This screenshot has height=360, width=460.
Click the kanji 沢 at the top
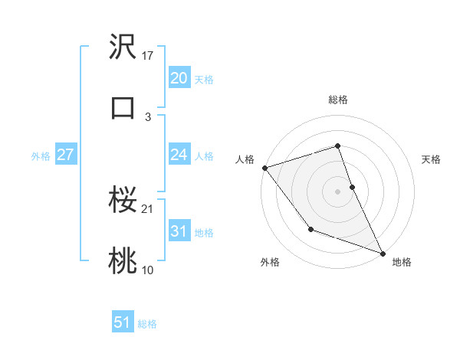[123, 47]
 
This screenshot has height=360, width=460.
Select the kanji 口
[123, 106]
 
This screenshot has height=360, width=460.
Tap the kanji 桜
[123, 201]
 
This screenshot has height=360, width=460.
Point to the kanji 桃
[123, 261]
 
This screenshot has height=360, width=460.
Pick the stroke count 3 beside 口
[148, 116]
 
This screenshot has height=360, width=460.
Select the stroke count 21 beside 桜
[148, 209]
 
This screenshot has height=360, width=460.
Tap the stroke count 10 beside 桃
[148, 270]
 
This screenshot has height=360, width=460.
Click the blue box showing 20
[179, 78]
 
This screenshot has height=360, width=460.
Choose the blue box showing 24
[179, 155]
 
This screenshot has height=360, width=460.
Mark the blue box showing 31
[179, 231]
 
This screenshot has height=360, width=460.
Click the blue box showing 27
[65, 155]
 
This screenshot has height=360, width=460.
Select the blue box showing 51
[123, 322]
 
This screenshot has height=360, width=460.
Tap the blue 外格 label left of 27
[41, 156]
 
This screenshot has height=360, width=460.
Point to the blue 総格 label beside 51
[147, 324]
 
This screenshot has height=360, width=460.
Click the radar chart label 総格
[338, 100]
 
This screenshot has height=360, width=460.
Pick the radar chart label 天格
[432, 159]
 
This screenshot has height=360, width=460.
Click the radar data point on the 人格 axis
[264, 168]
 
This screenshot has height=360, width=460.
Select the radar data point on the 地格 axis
[383, 253]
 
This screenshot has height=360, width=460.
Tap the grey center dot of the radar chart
[338, 191]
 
